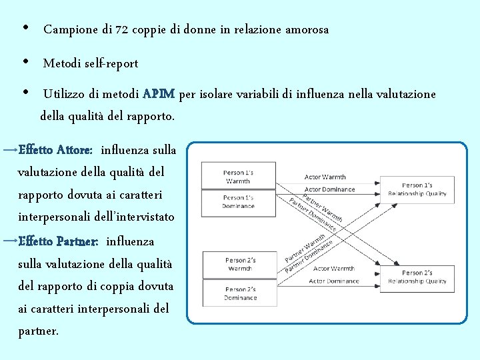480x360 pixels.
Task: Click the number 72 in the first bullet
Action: tap(122, 30)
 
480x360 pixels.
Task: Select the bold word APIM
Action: tap(159, 95)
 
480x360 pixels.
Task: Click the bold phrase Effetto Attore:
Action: tap(55, 150)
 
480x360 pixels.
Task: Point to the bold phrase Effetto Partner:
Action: tap(59, 241)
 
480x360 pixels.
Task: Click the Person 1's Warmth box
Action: tap(238, 177)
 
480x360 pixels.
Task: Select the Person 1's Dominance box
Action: tap(238, 202)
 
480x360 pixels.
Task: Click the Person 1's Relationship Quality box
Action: tap(417, 189)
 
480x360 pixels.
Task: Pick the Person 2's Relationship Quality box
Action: tap(417, 277)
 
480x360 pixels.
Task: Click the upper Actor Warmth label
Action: tap(325, 177)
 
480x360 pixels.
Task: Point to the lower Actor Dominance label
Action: tap(333, 281)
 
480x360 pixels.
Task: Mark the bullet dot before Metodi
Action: tap(25, 62)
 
